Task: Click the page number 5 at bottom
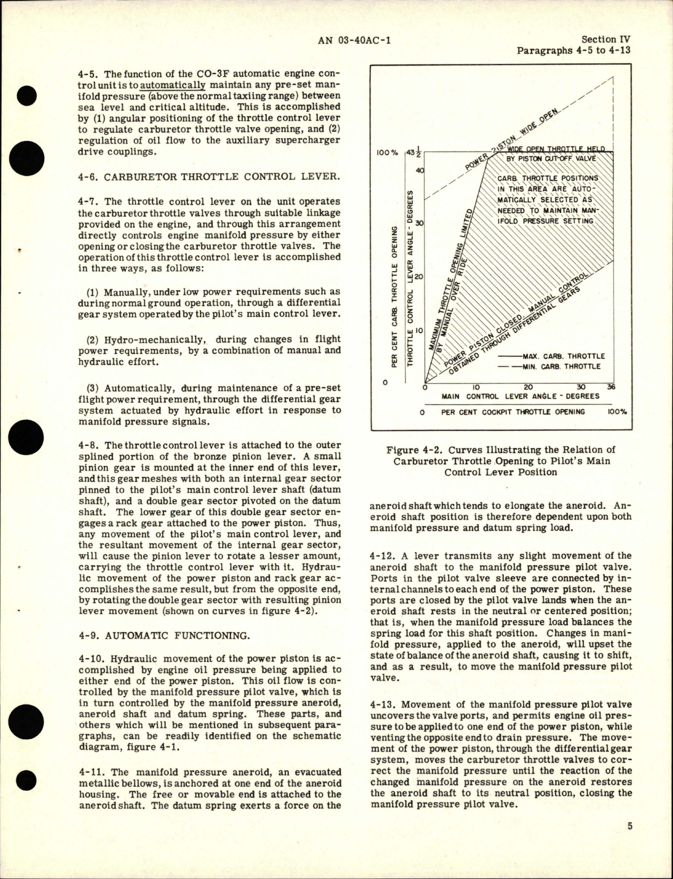[630, 827]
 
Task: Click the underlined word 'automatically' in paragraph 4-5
[174, 84]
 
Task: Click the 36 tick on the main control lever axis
[611, 387]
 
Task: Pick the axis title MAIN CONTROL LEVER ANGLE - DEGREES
[520, 396]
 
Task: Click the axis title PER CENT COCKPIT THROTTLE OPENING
[514, 412]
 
